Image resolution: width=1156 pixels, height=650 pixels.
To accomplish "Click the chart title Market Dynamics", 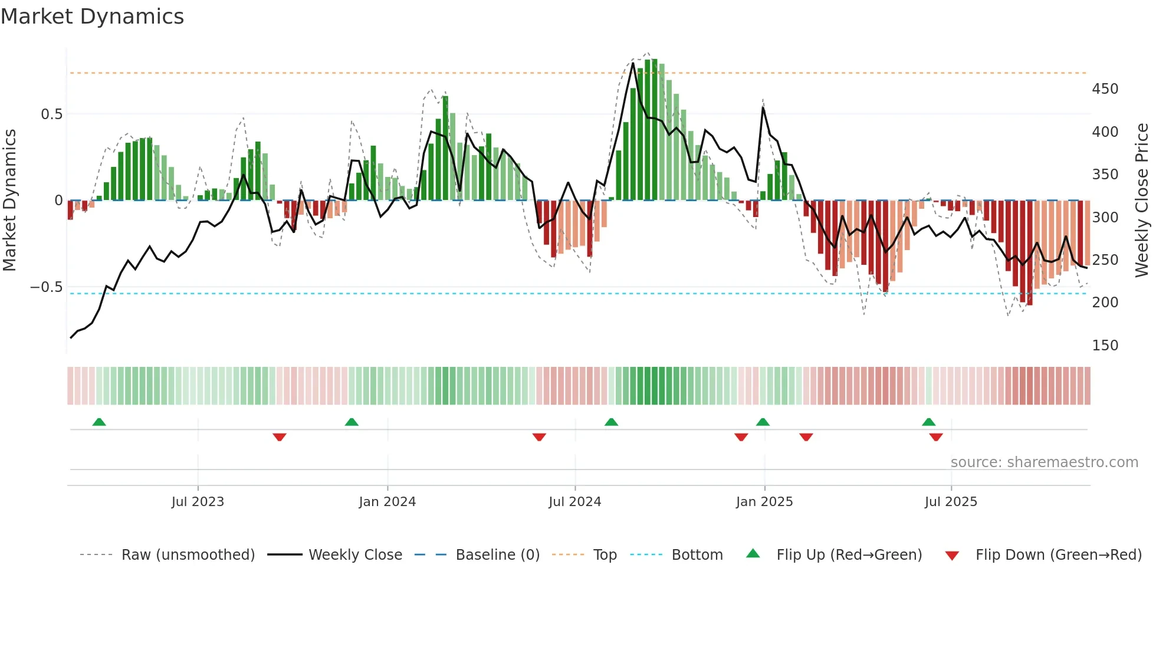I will (x=92, y=17).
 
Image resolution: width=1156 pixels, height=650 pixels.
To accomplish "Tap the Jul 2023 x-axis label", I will (x=198, y=502).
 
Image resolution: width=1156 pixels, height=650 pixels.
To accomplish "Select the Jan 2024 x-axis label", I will (x=387, y=502).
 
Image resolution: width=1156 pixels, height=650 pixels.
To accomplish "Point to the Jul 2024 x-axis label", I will (x=574, y=502).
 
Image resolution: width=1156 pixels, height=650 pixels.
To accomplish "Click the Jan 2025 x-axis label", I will (x=764, y=502).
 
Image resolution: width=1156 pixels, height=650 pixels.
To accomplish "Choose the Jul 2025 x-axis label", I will (x=951, y=502).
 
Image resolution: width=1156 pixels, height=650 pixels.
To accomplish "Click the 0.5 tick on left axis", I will (x=51, y=114).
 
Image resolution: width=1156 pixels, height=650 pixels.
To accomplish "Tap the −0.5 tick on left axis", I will (x=46, y=287).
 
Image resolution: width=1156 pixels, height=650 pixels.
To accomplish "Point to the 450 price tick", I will (x=1105, y=89).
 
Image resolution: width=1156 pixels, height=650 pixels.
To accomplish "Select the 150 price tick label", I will (x=1105, y=346).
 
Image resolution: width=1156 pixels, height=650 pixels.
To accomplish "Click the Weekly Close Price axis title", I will (x=1142, y=201).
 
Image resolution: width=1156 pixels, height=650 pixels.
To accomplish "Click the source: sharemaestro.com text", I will (x=1044, y=462).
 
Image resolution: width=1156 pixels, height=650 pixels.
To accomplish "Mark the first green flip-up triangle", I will (x=99, y=422).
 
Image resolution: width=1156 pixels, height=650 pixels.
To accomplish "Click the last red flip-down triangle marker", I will (x=936, y=437).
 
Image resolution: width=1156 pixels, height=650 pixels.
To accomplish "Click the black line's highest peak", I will (x=633, y=63).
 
